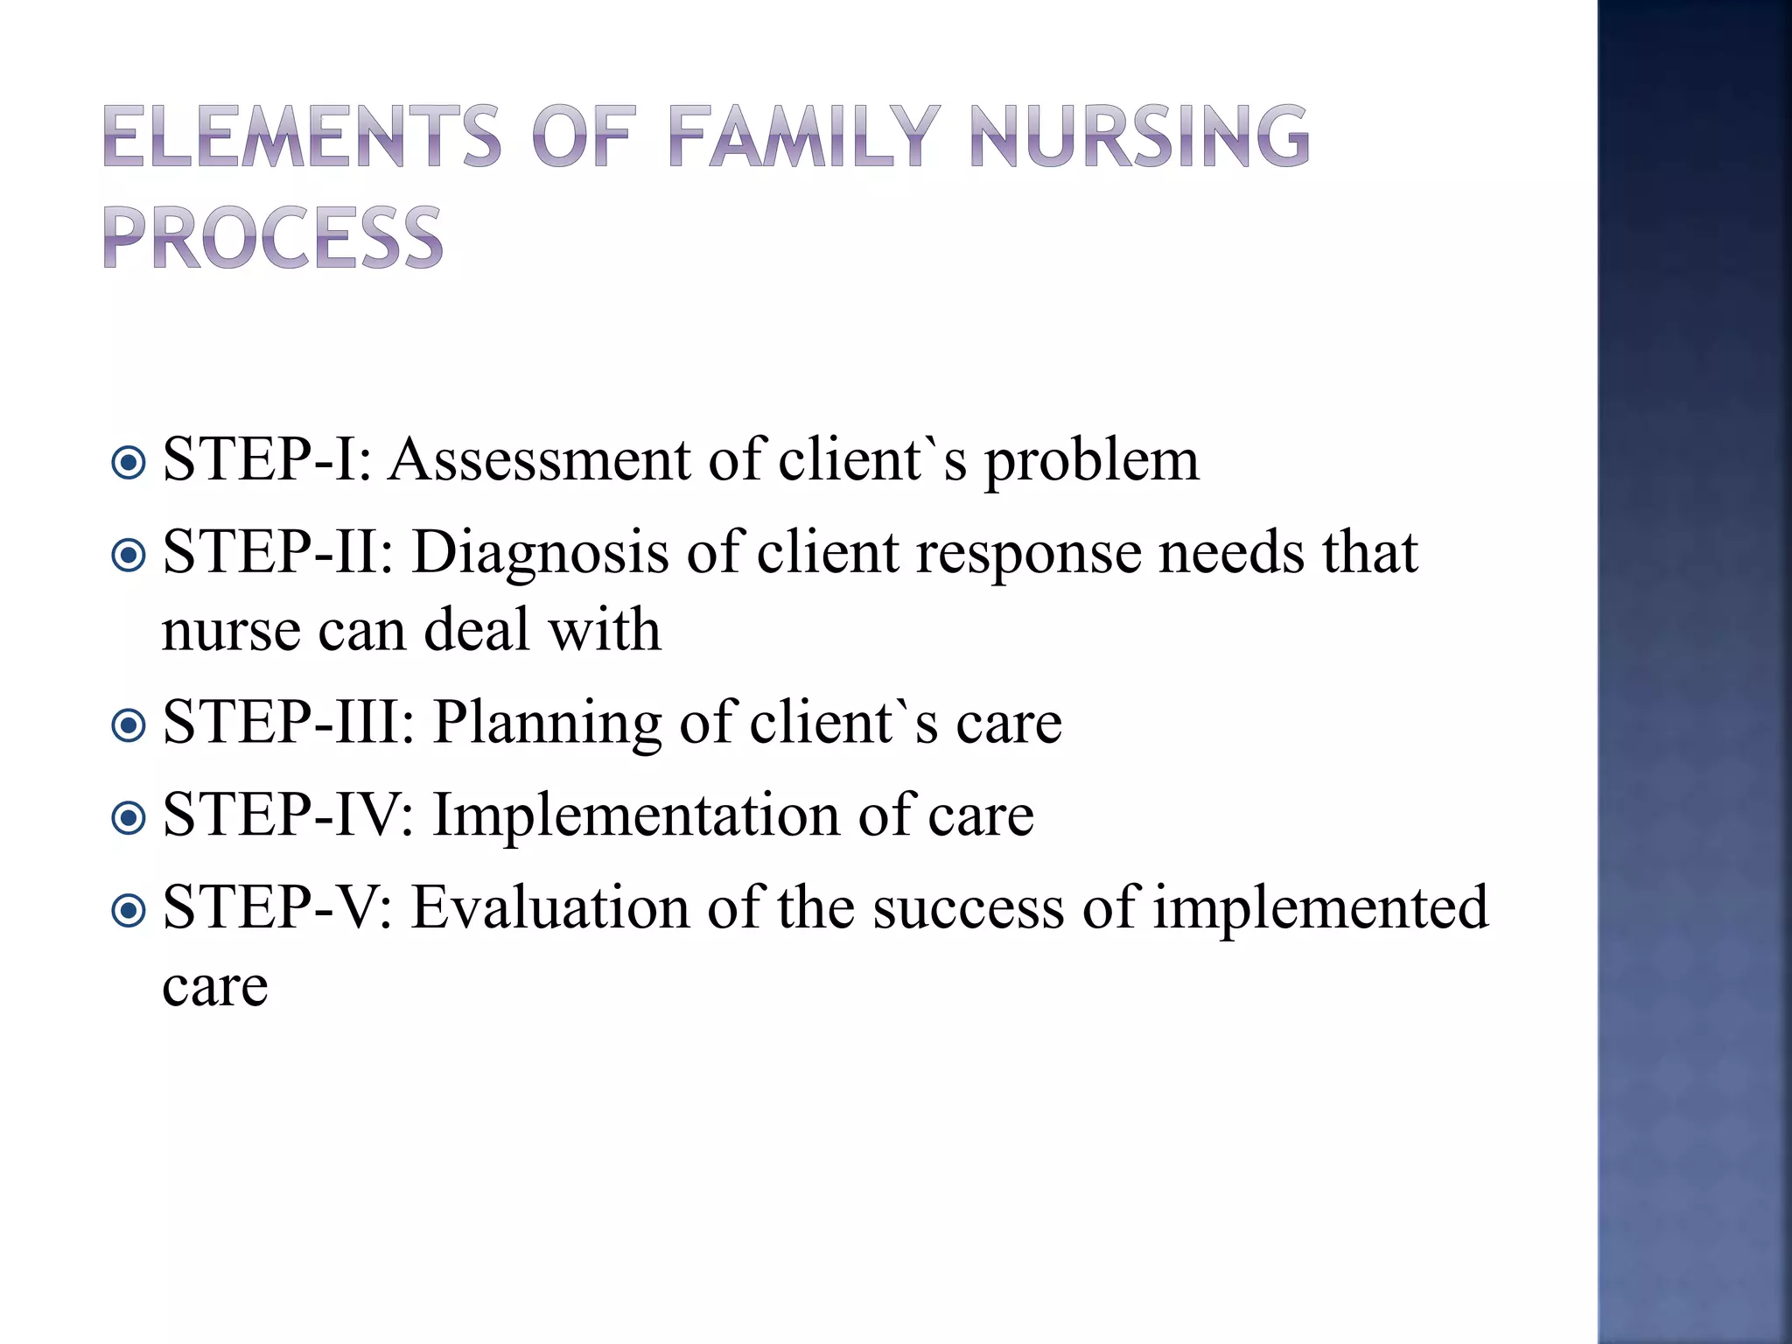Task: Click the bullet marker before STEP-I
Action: click(129, 462)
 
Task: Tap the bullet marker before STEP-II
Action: click(129, 555)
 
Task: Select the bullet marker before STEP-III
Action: click(129, 724)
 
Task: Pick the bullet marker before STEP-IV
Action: click(129, 817)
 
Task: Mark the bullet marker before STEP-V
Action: click(129, 910)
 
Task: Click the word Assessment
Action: click(539, 460)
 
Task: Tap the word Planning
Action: click(548, 724)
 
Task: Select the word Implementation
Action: click(636, 815)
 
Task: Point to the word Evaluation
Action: click(550, 908)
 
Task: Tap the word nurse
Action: click(230, 632)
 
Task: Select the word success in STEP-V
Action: click(969, 908)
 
